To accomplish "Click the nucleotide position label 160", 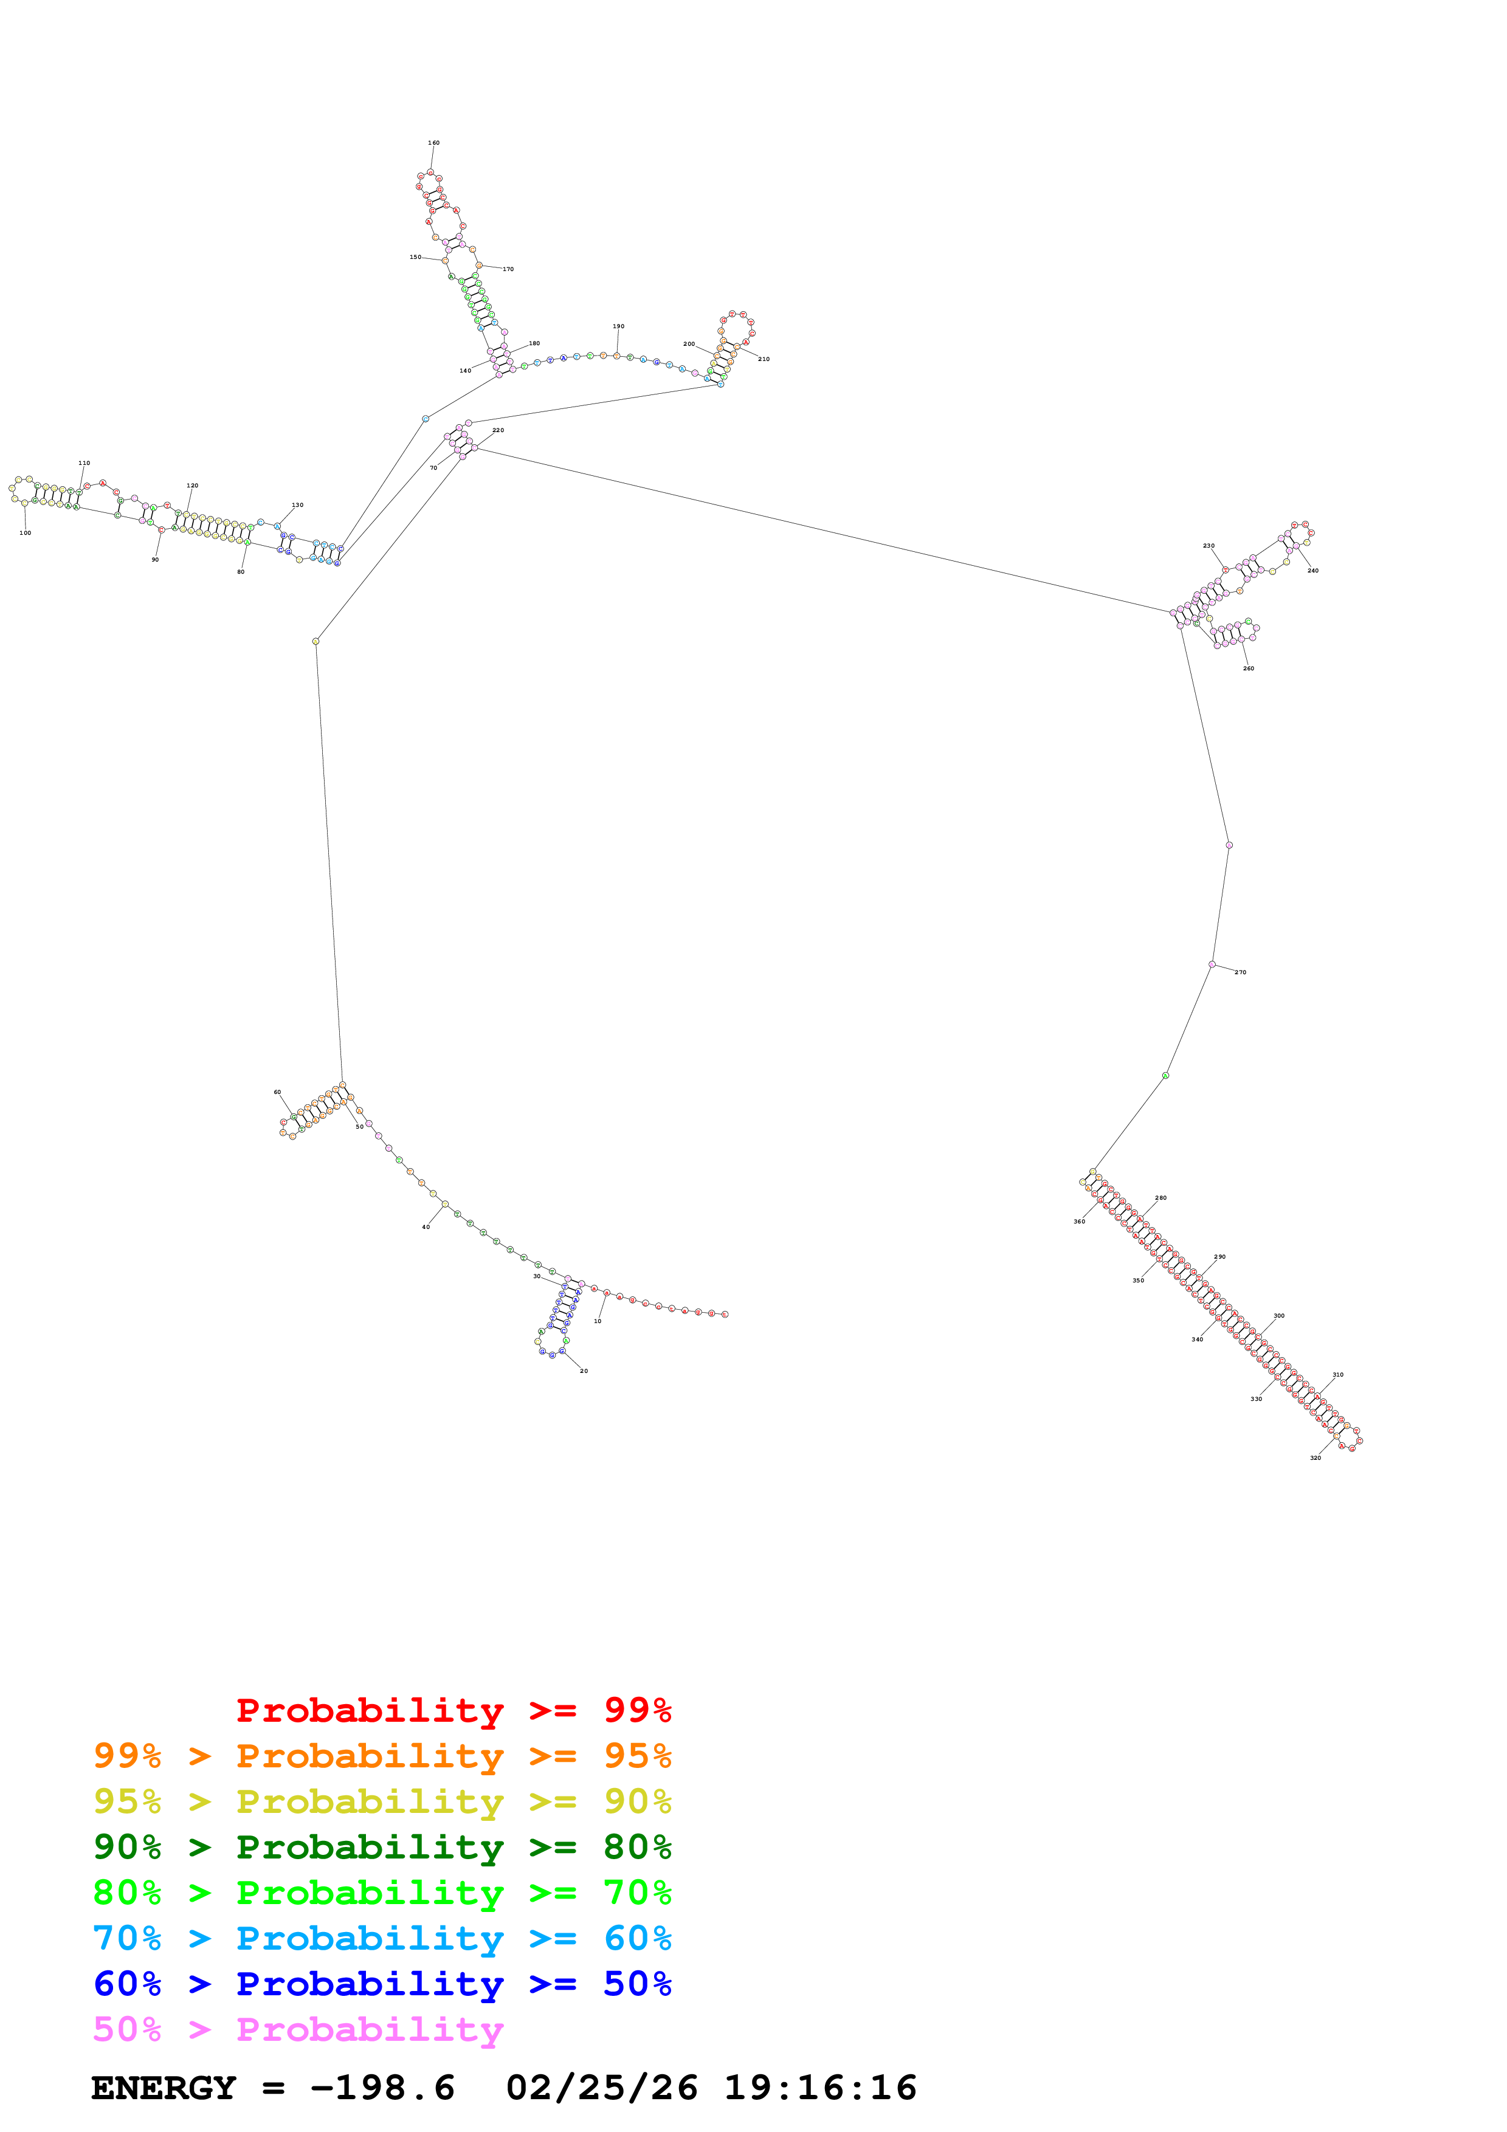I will tap(433, 143).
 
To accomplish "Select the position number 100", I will tap(25, 533).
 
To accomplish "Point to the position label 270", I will tap(1241, 972).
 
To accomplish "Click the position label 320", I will tap(1315, 1458).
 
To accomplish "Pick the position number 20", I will tap(584, 1370).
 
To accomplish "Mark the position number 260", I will tap(1248, 669).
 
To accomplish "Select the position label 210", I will tap(764, 359).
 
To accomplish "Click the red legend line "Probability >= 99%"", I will tap(454, 1710).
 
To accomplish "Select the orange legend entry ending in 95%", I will tap(382, 1756).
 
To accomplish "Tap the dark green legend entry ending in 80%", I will tap(382, 1847).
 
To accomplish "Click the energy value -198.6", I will tap(382, 2088).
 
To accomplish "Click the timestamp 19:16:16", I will tap(821, 2088).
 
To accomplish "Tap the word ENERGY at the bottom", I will tap(164, 2088).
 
